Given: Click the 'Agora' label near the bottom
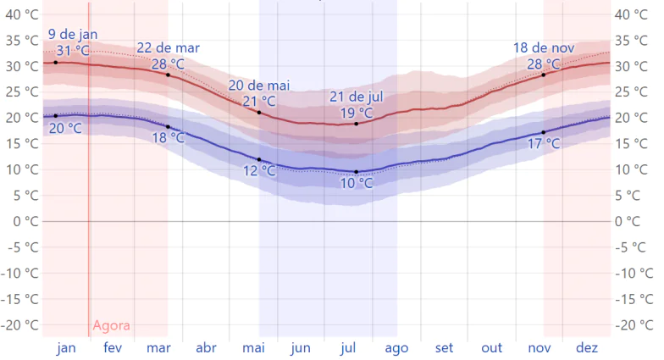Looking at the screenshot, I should point(111,326).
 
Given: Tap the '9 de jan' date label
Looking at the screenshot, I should point(72,34).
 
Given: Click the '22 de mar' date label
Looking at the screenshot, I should point(168,48).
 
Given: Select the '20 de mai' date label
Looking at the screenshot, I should point(259,86).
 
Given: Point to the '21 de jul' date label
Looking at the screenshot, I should point(357,97).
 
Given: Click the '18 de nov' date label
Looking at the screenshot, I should point(544,48).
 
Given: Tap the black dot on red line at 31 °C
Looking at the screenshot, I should point(56,63).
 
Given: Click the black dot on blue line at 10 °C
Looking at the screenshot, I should point(357,172).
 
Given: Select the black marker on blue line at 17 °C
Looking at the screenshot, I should point(544,132).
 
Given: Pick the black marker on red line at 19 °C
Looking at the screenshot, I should point(357,124).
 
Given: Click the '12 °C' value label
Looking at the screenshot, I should point(259,170).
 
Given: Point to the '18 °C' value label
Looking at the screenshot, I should point(168,137).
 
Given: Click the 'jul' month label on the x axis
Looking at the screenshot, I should point(347,348).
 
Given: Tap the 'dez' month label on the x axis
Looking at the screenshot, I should point(587,348).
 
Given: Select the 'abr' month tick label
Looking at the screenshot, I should point(206,348).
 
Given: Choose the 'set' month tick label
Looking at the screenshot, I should point(444,348).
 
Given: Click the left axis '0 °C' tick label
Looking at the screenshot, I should point(23,221).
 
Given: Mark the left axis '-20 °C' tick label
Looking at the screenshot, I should point(20,325).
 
